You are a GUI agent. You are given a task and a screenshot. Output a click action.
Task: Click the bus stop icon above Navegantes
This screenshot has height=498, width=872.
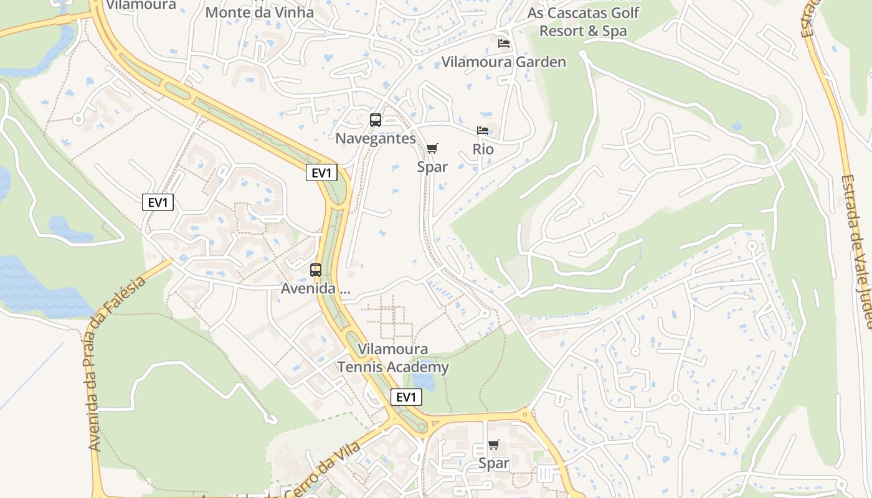375,120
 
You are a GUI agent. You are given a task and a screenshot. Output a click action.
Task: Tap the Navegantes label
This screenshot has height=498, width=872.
376,138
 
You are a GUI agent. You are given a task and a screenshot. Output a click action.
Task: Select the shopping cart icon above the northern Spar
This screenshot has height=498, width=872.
432,149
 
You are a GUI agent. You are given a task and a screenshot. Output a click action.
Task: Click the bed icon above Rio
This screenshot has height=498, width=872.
483,131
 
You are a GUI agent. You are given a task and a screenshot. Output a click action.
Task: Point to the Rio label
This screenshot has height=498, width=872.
483,149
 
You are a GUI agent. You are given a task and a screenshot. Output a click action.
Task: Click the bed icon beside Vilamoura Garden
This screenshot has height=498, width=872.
504,44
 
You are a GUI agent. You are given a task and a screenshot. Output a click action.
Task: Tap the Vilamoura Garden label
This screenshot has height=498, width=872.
503,62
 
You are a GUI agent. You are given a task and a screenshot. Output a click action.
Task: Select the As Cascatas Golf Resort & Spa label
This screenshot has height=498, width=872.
583,22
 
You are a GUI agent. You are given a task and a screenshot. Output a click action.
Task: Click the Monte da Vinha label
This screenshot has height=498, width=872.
259,12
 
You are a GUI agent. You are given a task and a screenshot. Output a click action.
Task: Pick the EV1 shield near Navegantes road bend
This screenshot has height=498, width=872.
321,172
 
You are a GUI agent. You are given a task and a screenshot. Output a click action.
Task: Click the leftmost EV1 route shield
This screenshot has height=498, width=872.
158,202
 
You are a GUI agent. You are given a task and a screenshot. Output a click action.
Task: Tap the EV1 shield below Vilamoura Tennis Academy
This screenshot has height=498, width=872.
406,397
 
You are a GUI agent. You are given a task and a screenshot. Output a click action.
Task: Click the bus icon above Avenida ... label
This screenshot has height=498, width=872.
316,270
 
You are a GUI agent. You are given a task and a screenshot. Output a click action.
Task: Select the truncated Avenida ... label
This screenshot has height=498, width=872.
316,289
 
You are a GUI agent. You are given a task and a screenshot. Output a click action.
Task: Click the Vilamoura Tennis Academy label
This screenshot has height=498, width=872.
393,358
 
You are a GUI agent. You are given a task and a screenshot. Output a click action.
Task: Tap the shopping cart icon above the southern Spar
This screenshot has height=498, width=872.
494,445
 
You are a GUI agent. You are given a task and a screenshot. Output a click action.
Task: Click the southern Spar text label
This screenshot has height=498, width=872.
494,464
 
